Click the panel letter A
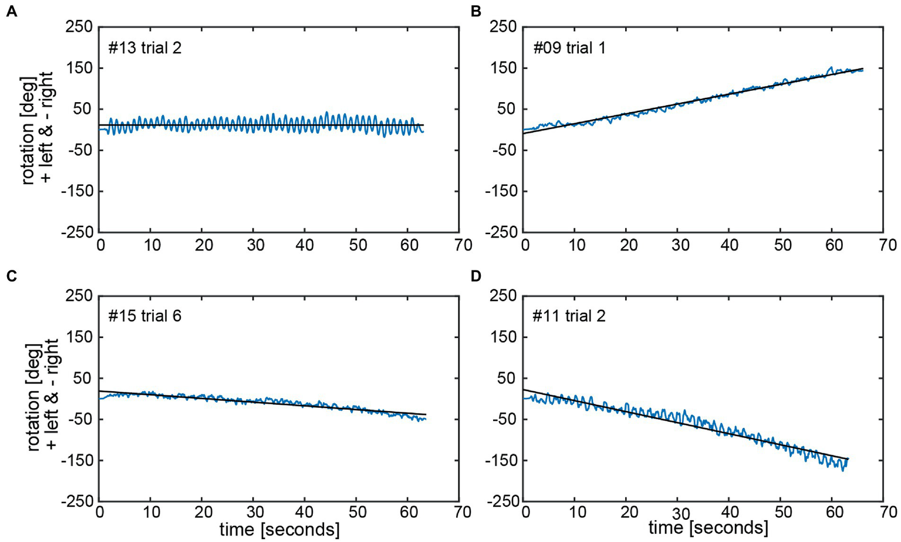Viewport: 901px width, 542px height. pyautogui.click(x=12, y=11)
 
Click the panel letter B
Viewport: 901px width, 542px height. pyautogui.click(x=477, y=11)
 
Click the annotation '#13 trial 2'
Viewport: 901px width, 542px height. pyautogui.click(x=144, y=48)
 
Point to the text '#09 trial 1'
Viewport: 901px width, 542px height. pyautogui.click(x=569, y=48)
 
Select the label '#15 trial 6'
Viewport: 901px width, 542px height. pyautogui.click(x=144, y=317)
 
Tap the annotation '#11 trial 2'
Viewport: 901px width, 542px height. pyautogui.click(x=569, y=317)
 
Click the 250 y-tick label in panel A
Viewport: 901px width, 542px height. pyautogui.click(x=79, y=27)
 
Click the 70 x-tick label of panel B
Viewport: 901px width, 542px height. pyautogui.click(x=887, y=245)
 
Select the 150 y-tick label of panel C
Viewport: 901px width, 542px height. pyautogui.click(x=79, y=337)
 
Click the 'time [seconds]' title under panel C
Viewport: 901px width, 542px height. pyautogui.click(x=279, y=530)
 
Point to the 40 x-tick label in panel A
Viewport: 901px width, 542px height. pyautogui.click(x=306, y=245)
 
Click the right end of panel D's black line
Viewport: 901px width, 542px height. pyautogui.click(x=848, y=459)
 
